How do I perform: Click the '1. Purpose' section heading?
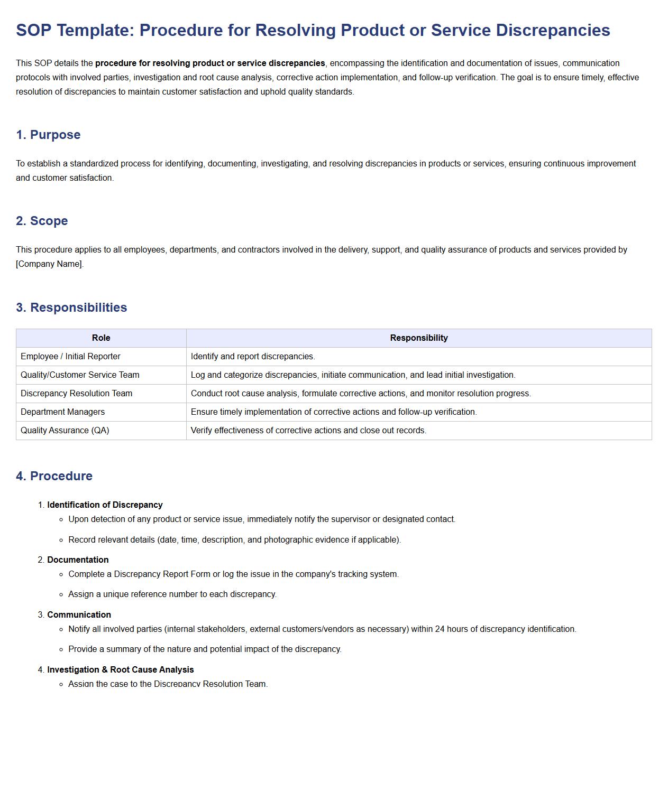pos(48,135)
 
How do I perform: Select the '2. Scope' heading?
pos(42,221)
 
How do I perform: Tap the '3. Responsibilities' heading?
pos(71,308)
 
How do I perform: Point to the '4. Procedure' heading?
pos(54,476)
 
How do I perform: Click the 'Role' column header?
pos(101,338)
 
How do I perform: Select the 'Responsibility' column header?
pos(418,338)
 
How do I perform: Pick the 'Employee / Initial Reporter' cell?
pos(70,357)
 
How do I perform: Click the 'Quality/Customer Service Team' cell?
pos(80,375)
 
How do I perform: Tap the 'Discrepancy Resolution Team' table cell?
pos(76,394)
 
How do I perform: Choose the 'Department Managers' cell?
pos(62,412)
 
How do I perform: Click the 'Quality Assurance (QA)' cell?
pos(65,431)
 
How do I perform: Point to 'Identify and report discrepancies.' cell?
pos(253,357)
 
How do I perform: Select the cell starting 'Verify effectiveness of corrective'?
pos(308,431)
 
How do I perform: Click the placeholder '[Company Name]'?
pos(49,264)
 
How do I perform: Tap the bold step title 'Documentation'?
pos(78,560)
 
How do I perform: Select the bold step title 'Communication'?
pos(79,615)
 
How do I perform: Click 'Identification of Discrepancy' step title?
pos(105,505)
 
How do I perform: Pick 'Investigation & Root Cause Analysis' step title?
pos(120,670)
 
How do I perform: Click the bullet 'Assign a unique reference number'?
pos(172,594)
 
